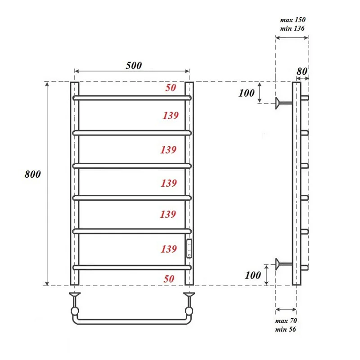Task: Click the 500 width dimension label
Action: click(x=134, y=65)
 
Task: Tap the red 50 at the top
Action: click(x=171, y=88)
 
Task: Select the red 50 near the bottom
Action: click(x=169, y=279)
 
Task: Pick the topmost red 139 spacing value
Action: click(x=171, y=116)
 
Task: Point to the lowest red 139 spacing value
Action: click(x=169, y=248)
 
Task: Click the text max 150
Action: click(x=292, y=20)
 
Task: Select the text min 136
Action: click(x=292, y=28)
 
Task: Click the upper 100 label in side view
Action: click(x=246, y=93)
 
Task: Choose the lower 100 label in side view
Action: click(x=253, y=275)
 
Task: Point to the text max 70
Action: click(x=286, y=321)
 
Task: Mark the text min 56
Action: click(x=286, y=329)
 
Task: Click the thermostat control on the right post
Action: click(x=189, y=248)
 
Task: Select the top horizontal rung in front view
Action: click(x=132, y=97)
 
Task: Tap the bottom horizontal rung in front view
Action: click(x=132, y=267)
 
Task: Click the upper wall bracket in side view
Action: click(x=282, y=103)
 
